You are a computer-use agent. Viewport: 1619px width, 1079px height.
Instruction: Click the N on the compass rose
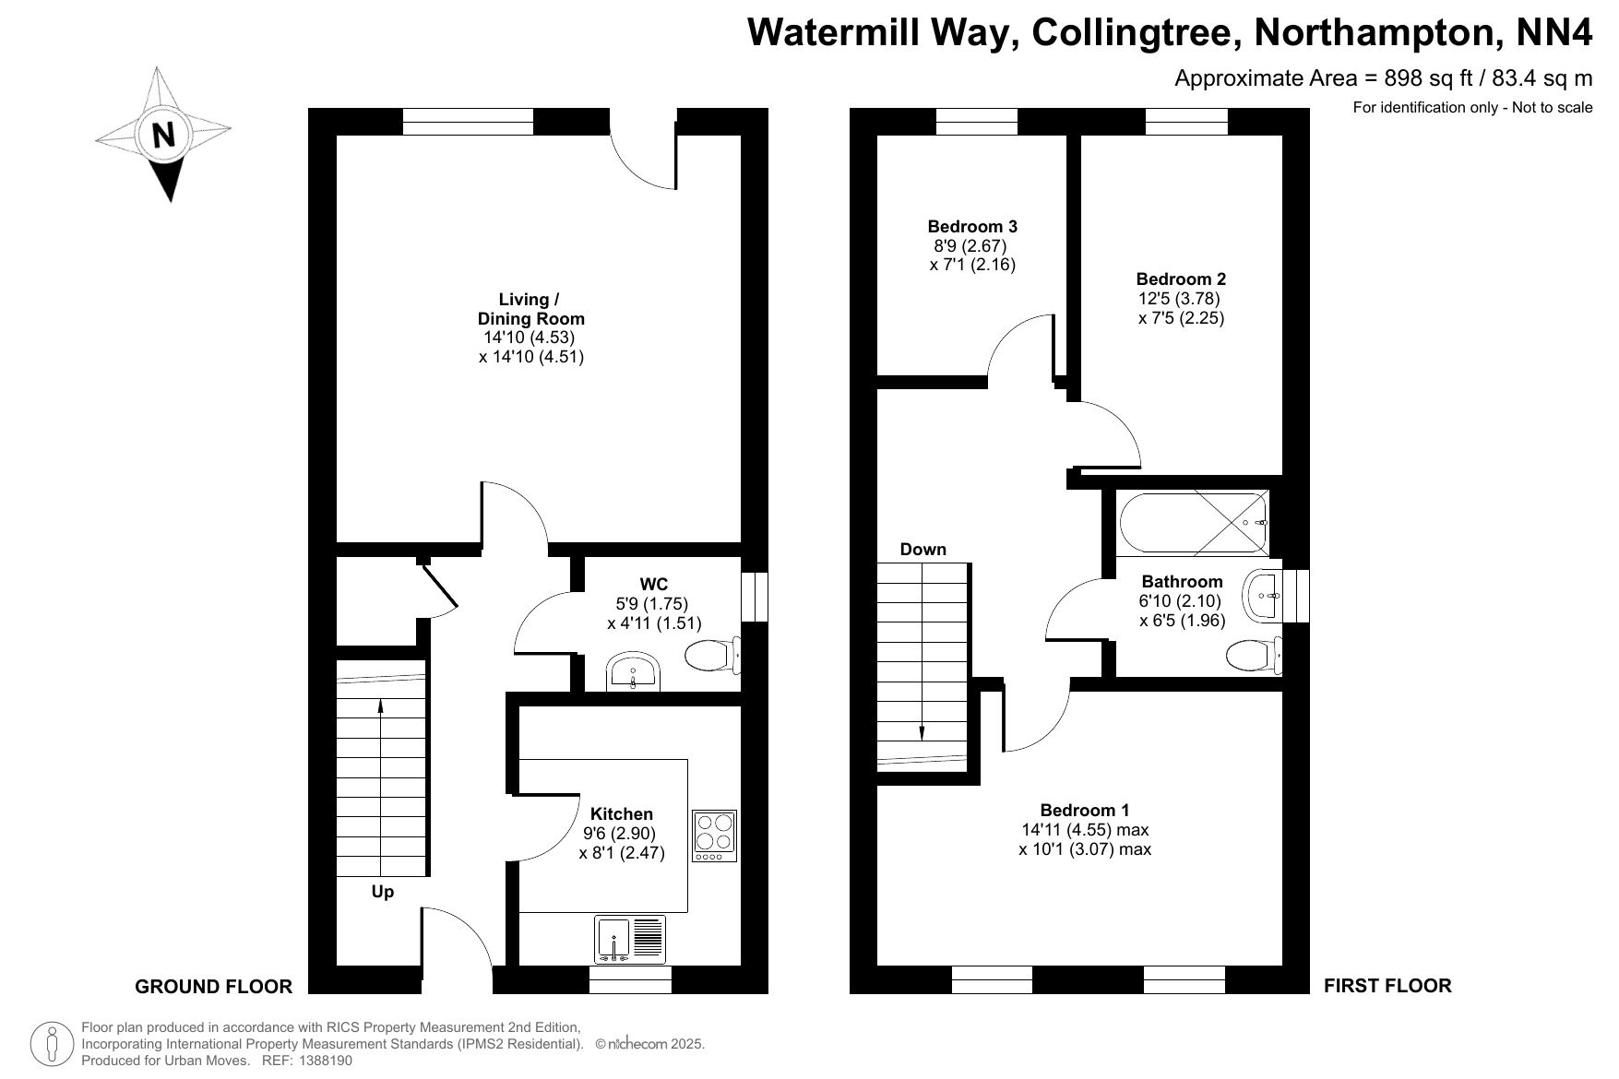coord(163,136)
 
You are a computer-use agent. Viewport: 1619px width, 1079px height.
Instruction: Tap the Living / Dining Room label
coord(530,309)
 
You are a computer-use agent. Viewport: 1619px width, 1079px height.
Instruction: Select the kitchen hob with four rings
coord(715,836)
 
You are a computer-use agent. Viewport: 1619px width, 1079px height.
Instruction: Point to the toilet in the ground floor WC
coord(712,655)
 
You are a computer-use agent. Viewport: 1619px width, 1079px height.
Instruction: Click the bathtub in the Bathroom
coord(1194,523)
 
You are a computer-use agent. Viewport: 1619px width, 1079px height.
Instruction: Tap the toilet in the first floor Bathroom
coord(1254,655)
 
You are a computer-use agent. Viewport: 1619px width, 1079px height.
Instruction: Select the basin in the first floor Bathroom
coord(1263,596)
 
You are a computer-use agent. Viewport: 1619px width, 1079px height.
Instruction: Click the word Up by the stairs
coord(383,892)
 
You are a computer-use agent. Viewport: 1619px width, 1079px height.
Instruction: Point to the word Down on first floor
coord(923,550)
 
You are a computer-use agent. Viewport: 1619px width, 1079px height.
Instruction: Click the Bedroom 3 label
coord(972,227)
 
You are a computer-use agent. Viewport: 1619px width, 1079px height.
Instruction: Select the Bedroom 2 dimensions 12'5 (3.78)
coord(1180,299)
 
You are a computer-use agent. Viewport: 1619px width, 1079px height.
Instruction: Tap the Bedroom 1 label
coord(1085,811)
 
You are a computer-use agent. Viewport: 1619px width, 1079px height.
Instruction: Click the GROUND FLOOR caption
coord(214,987)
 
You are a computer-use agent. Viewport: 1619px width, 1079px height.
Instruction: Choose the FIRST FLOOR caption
coord(1387,986)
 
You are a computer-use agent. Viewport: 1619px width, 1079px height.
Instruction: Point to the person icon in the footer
coord(52,1044)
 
